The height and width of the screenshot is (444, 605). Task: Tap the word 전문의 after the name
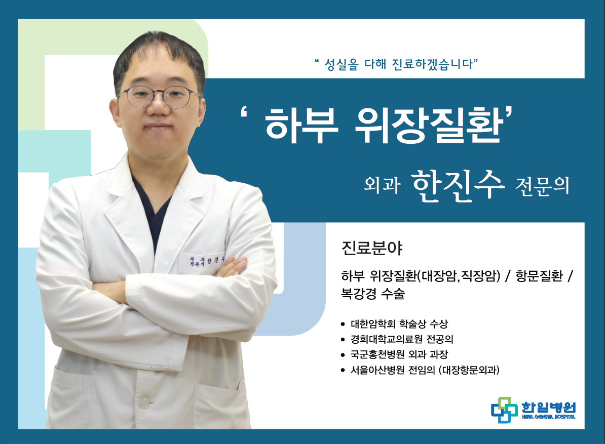tap(542, 186)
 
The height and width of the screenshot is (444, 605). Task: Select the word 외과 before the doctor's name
tap(382, 185)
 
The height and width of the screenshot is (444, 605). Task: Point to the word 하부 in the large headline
tap(301, 125)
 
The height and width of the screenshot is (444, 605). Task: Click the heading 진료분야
tap(372, 248)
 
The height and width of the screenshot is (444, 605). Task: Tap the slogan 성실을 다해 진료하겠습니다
tap(397, 64)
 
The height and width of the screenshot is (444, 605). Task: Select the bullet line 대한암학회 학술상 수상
tap(399, 324)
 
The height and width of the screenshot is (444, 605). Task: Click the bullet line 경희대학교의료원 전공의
tap(402, 339)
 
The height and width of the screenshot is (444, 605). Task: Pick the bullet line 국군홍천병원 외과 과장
tap(399, 354)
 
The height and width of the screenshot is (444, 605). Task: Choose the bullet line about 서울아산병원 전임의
tap(425, 370)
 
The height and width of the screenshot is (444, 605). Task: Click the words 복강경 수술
tap(373, 294)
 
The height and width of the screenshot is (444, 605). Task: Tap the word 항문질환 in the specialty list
tap(540, 276)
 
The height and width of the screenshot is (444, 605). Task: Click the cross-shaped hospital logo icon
tap(504, 410)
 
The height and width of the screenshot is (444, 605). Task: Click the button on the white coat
tap(144, 402)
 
